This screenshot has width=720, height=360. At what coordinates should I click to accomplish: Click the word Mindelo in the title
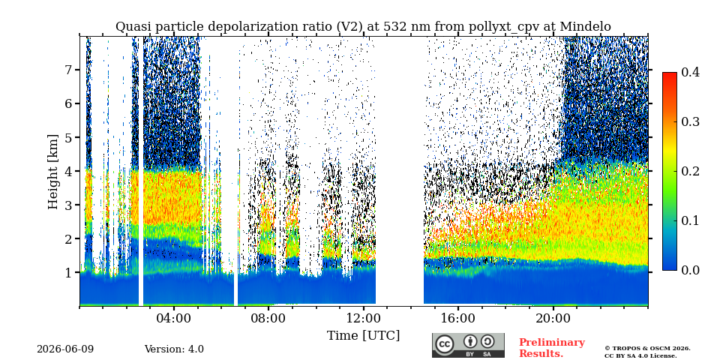coord(588,27)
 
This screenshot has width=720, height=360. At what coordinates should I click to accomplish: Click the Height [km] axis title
coord(53,172)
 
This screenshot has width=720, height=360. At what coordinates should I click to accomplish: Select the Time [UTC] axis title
coord(363,336)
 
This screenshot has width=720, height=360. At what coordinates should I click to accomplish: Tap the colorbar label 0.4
coord(690,72)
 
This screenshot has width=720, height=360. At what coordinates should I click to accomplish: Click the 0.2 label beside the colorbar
coord(690,171)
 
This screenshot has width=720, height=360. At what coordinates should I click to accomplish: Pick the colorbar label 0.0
coord(690,270)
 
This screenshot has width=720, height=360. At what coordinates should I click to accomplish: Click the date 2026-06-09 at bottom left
coord(65,349)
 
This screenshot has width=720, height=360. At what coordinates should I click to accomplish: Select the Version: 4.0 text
coord(174,349)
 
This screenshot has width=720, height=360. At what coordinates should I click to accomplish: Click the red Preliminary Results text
coord(552,347)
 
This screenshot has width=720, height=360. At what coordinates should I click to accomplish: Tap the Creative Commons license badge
coord(468,345)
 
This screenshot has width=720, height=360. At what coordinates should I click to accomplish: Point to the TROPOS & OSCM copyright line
coord(647,349)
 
